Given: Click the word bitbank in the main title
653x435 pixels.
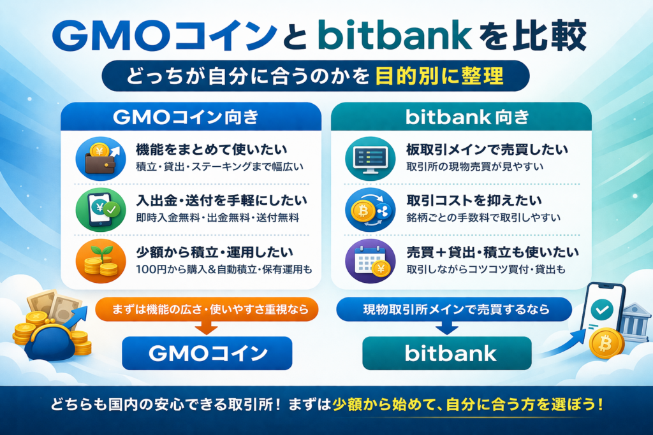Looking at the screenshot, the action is tap(395, 36).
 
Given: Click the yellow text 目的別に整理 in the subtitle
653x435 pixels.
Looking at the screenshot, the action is tap(439, 76).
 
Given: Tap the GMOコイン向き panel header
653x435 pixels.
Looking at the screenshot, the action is tap(191, 117).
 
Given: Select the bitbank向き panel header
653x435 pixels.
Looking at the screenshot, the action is tap(461, 117).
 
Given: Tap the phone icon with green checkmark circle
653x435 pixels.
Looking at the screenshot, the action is tap(101, 210).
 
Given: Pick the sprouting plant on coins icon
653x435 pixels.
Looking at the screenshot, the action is tap(101, 261).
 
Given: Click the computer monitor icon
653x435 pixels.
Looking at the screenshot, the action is tap(371, 159).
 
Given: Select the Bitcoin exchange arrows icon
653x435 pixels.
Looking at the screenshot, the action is tap(371, 210).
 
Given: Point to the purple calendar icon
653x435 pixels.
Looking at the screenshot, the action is tap(371, 261).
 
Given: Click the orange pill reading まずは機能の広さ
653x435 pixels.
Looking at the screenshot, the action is tap(207, 310).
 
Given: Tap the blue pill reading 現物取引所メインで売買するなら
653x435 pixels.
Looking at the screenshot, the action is tap(454, 310).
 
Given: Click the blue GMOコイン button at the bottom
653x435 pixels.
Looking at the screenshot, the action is tap(207, 353).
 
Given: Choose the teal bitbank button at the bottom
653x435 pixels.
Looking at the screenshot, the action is tap(447, 353).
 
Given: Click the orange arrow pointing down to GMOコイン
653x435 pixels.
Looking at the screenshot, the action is tap(207, 328).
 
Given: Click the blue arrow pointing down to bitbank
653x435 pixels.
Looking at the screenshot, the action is tap(447, 328).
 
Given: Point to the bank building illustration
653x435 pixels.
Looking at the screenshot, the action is tap(635, 322).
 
